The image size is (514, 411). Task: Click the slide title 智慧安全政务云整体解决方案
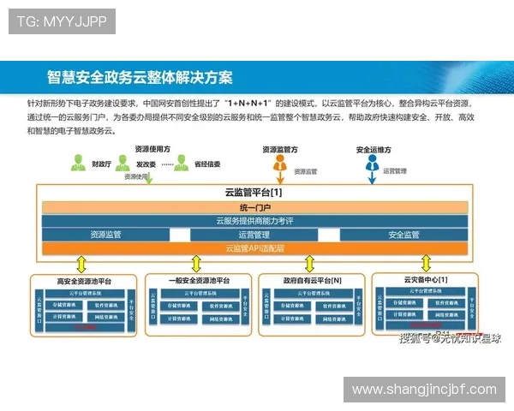pos(140,77)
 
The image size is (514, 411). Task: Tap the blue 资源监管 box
pos(105,235)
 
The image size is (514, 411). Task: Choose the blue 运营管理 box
pos(254,235)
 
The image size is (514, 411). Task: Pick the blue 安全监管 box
pos(403,235)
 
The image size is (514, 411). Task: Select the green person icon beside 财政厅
pos(77,162)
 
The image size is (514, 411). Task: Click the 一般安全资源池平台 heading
pos(199,281)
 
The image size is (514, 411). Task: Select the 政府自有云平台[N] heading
pos(313,281)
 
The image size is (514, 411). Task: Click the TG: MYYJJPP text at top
pos(61,21)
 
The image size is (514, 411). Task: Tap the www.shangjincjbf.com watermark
pos(425,390)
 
